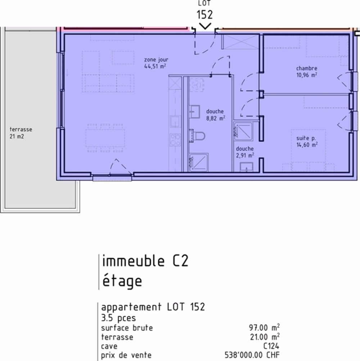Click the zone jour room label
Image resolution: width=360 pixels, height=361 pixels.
pyautogui.click(x=156, y=60)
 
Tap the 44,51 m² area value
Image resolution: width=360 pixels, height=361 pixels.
pyautogui.click(x=155, y=66)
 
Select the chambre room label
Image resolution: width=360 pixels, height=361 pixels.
pyautogui.click(x=306, y=68)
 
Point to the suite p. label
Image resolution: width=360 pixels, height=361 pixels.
pyautogui.click(x=306, y=138)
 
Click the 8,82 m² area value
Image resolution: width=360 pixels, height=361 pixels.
pyautogui.click(x=216, y=118)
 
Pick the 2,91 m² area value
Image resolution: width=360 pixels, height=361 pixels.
pyautogui.click(x=245, y=155)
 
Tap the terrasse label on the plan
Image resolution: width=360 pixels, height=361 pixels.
pyautogui.click(x=21, y=129)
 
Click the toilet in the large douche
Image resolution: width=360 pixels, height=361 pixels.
pyautogui.click(x=197, y=136)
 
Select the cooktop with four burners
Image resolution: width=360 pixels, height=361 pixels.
pyautogui.click(x=175, y=140)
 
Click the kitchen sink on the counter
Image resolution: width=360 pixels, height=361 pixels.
pyautogui.click(x=175, y=122)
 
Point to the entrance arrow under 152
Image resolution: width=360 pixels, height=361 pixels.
pyautogui.click(x=205, y=26)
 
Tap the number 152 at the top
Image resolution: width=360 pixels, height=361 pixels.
pyautogui.click(x=205, y=15)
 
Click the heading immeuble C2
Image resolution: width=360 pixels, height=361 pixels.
pyautogui.click(x=145, y=261)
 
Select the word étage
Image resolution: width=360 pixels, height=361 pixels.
pyautogui.click(x=122, y=281)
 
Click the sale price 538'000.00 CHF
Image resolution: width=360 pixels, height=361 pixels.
pyautogui.click(x=252, y=355)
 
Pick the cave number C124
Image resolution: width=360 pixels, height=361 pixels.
pyautogui.click(x=271, y=346)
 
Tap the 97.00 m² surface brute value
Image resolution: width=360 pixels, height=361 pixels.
pyautogui.click(x=264, y=328)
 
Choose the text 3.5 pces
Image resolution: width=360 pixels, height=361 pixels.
pyautogui.click(x=118, y=318)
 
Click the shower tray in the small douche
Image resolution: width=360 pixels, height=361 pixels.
pyautogui.click(x=243, y=131)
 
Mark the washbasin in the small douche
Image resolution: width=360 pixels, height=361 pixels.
pyautogui.click(x=246, y=167)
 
